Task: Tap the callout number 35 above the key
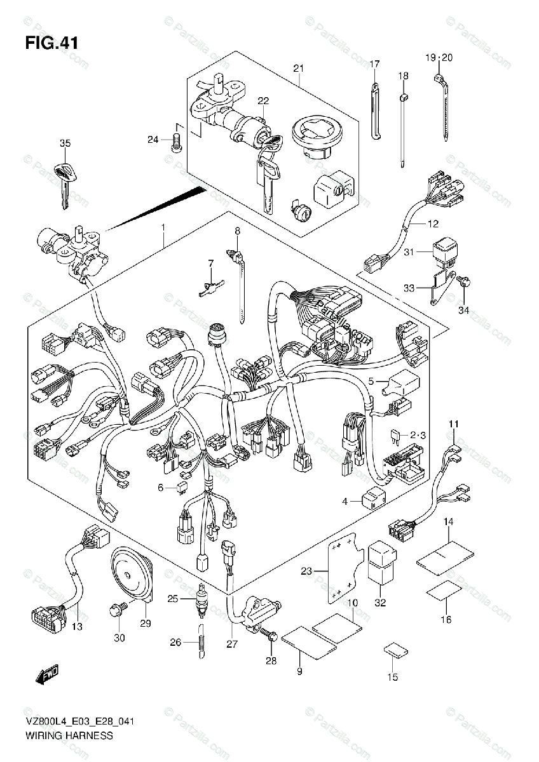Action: pyautogui.click(x=65, y=143)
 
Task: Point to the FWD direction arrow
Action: pyautogui.click(x=47, y=675)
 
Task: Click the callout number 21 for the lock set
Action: pyautogui.click(x=299, y=68)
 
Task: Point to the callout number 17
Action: pyautogui.click(x=374, y=63)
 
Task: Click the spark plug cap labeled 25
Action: pyautogui.click(x=201, y=600)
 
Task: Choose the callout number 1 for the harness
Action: pyautogui.click(x=163, y=227)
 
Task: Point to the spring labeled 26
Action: pyautogui.click(x=201, y=643)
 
